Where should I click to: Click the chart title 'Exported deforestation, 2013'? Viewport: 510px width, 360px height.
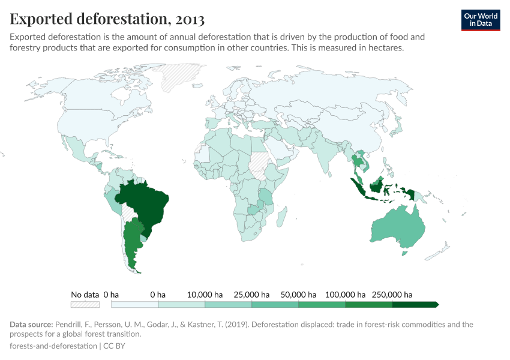(107, 19)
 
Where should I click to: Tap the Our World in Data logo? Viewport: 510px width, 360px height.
(480, 20)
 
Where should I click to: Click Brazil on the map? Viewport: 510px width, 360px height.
(144, 204)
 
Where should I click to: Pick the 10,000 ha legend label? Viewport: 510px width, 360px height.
(205, 295)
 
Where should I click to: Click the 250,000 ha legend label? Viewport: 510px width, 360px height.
(392, 295)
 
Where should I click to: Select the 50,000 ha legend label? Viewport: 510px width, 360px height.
(298, 295)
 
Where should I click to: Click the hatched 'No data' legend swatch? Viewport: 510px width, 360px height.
(85, 305)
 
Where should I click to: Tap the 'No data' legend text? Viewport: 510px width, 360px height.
(85, 295)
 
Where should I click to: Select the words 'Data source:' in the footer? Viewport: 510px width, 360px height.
(31, 325)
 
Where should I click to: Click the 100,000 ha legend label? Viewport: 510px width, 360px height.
(345, 295)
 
